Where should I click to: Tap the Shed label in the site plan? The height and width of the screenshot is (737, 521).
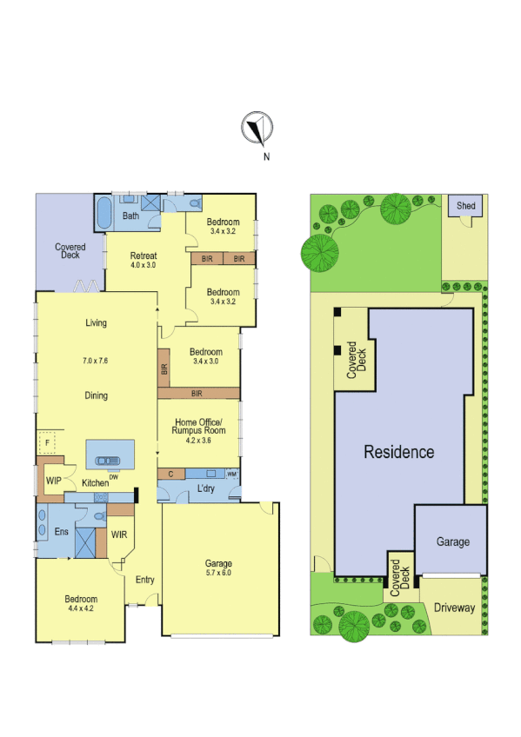pos(466,206)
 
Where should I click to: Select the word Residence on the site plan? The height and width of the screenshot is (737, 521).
pos(398,452)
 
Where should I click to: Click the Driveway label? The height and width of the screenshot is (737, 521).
pos(454,608)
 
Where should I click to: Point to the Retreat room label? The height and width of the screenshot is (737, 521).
pos(143,256)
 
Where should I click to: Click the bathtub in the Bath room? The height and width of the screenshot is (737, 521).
pos(103,212)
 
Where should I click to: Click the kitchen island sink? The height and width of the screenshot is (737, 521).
pos(109,461)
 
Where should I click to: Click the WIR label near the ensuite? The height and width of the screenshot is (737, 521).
pos(118,534)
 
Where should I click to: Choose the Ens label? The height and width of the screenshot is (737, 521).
pos(61,532)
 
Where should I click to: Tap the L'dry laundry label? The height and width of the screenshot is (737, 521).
pos(205,489)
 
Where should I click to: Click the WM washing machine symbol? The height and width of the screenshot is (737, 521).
pos(231,474)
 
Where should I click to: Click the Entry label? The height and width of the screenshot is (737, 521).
pos(144,580)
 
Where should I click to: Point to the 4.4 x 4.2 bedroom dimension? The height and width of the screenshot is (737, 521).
pos(80,610)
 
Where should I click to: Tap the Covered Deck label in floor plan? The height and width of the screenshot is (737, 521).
pos(70,251)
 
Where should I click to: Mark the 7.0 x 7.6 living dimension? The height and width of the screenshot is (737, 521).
pos(96,360)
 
